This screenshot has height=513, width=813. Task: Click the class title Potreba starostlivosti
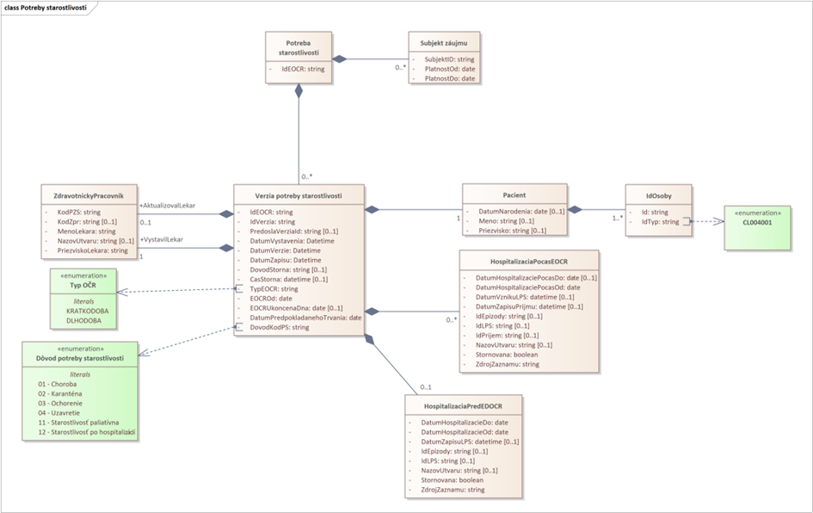point(299,46)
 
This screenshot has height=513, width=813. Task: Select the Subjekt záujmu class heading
point(444,41)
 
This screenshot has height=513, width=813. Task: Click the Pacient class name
point(514,195)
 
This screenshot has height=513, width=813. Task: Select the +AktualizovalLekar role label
point(167,206)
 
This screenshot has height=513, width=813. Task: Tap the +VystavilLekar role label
point(161,239)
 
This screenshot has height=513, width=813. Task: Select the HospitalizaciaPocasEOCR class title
point(527,261)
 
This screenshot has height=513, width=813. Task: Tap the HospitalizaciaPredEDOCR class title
point(462,406)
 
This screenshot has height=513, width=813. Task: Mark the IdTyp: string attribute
point(654,221)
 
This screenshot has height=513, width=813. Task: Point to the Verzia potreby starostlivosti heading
point(299,195)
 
